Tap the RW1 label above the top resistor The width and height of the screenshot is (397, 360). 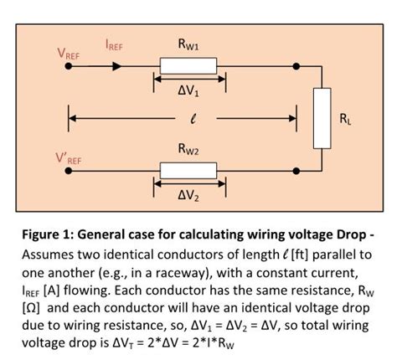188,44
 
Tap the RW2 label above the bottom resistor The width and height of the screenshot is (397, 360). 188,149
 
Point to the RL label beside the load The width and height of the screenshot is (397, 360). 346,118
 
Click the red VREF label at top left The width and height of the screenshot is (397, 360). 70,54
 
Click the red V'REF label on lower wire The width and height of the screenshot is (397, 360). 69,159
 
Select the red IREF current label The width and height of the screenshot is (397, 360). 114,46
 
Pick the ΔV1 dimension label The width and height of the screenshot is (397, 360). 188,92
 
